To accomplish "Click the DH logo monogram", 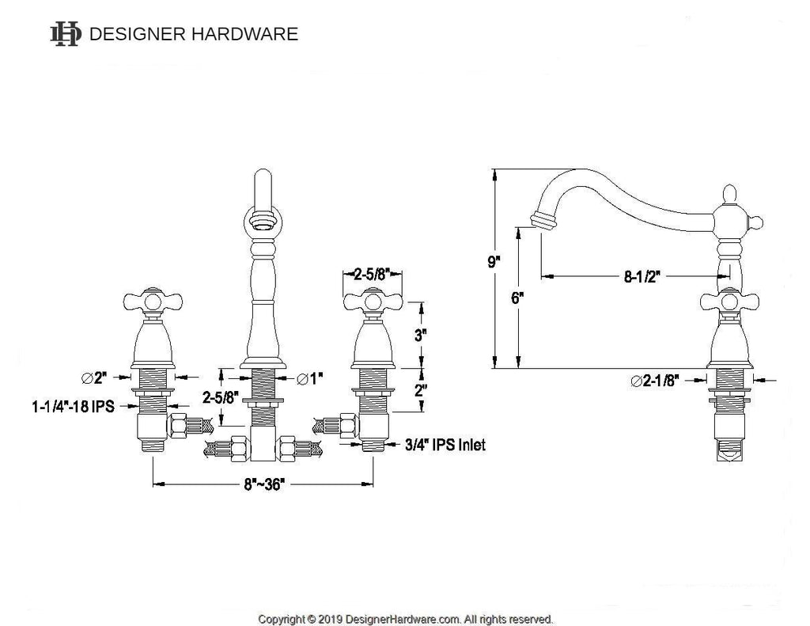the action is coord(66,34).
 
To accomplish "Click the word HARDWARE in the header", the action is coord(245,34).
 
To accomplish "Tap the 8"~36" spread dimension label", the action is coord(264,484).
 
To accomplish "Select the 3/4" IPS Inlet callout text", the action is coord(445,445).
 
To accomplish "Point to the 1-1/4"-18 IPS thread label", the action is coord(74,406).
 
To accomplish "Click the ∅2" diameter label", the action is coord(94,377).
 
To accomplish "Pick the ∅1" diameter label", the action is coord(309,379).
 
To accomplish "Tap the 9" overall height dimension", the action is coord(494,262).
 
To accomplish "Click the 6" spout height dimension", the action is coord(517,298).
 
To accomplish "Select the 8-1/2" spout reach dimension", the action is coord(642,276).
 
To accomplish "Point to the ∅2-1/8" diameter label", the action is coord(654,381).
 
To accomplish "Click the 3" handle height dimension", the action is coord(421,335).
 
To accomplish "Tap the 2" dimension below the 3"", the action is coord(421,390).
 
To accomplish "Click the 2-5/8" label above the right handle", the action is coord(371,274).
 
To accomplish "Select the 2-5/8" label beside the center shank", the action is coord(221,397).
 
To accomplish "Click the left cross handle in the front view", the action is coord(153,301).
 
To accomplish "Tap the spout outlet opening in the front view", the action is coord(263,222).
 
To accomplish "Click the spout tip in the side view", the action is coord(544,221).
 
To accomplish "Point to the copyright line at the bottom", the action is coord(406,619).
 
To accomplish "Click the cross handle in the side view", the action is coord(730,302).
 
